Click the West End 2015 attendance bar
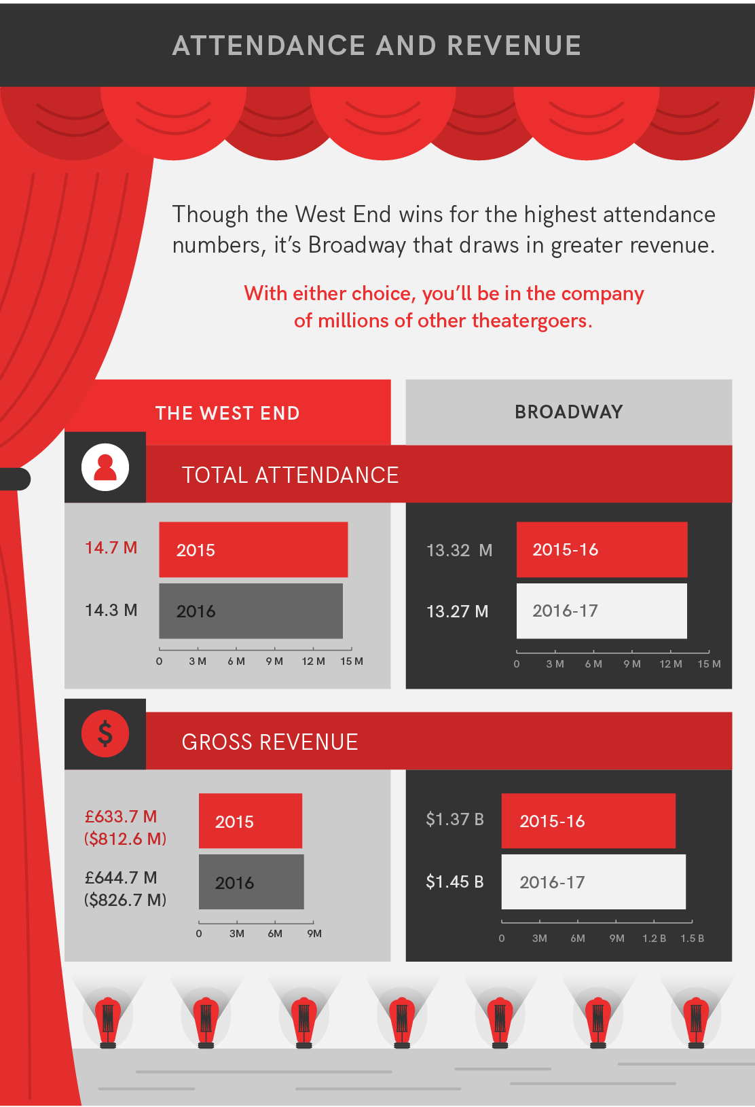pos(253,549)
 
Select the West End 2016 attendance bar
pos(251,611)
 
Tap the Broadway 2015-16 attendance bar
pos(602,549)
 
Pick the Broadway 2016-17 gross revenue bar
pos(593,882)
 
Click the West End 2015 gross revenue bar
pos(251,820)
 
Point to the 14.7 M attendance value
pos(111,547)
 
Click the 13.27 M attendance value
pos(457,611)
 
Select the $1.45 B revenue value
pos(454,882)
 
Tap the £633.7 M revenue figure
pos(121,816)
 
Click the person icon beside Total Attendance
pos(105,467)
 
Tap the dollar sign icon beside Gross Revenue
pos(105,733)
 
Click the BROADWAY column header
pos(568,412)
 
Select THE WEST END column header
pos(227,413)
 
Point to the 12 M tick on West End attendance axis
pos(313,661)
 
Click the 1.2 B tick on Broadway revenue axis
pos(654,938)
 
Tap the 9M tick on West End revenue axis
pos(314,933)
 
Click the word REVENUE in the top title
pos(514,46)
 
